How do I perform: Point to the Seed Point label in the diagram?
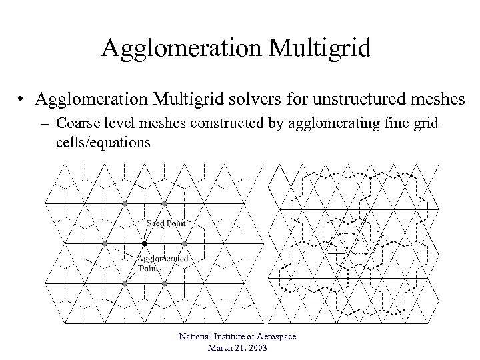pyautogui.click(x=166, y=223)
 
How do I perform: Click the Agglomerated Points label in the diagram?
pyautogui.click(x=161, y=263)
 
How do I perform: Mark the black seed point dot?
pyautogui.click(x=144, y=244)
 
